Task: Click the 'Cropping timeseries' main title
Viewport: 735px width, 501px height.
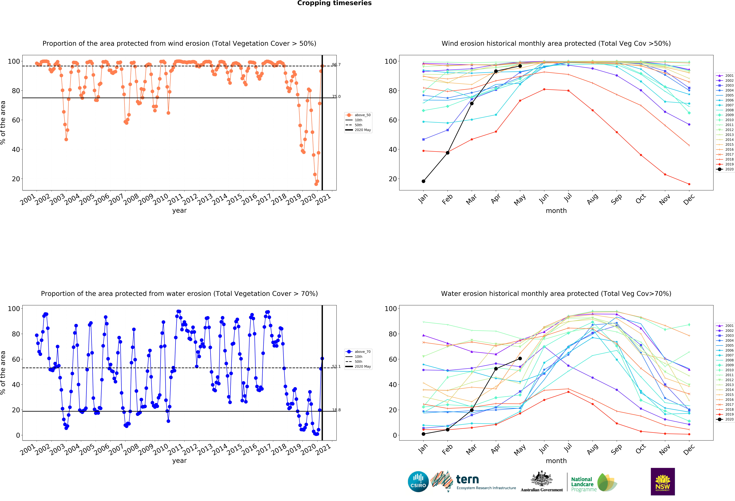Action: [334, 3]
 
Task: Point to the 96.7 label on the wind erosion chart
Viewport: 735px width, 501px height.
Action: [336, 65]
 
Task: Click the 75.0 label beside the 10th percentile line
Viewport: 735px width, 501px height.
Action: [336, 96]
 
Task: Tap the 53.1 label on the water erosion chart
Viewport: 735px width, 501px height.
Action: [336, 367]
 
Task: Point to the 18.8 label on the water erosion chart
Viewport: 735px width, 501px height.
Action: [336, 410]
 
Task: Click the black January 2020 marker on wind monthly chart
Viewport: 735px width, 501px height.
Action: [423, 181]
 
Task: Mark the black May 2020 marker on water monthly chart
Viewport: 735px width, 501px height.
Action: [520, 359]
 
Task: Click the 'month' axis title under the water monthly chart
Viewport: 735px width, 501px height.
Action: [556, 461]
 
